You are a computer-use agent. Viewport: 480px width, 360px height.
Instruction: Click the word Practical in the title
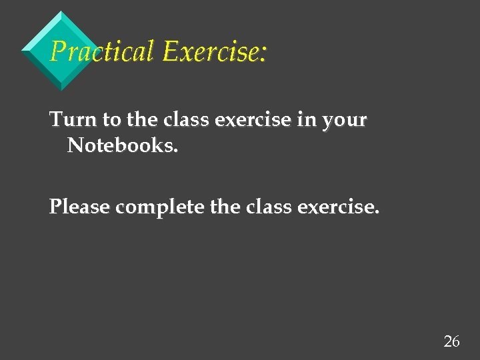pos(102,51)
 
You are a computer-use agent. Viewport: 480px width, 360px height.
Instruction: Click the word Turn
pos(73,120)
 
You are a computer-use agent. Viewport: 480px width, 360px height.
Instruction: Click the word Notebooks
pos(121,145)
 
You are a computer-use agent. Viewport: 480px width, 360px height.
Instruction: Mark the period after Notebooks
pos(176,151)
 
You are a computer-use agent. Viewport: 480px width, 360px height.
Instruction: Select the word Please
pos(79,207)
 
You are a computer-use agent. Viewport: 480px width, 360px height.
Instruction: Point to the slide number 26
pos(451,341)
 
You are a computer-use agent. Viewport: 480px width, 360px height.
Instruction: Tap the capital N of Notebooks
pos(75,145)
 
